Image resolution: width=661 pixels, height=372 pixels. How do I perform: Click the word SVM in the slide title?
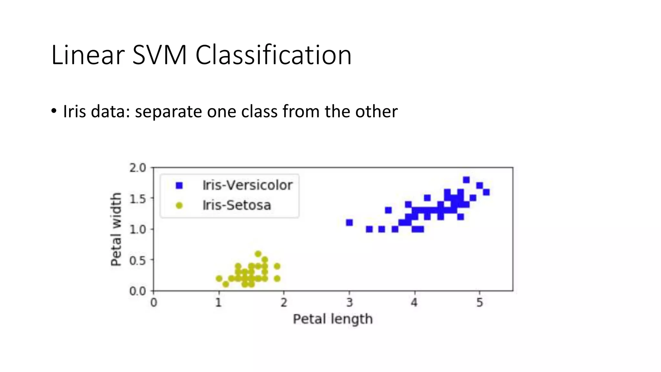[159, 55]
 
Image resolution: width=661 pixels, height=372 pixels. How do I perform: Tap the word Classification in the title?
[273, 55]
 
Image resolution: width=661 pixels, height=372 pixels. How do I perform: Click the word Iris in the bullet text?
[74, 111]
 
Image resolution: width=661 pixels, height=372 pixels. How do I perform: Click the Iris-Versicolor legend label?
[247, 185]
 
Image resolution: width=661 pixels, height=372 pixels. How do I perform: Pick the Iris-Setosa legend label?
[237, 205]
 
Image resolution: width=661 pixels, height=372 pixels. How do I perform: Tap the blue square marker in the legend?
[179, 185]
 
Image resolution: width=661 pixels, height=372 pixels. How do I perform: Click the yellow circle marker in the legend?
[179, 205]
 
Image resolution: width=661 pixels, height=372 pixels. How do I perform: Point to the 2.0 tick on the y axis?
[137, 168]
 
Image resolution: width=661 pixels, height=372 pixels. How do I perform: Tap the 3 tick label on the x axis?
[349, 303]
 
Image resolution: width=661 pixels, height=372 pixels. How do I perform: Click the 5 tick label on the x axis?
[480, 303]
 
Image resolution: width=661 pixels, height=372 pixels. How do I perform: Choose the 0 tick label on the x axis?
[154, 303]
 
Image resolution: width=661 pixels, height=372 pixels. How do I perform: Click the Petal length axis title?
[333, 319]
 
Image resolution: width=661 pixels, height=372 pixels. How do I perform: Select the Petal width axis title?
[116, 229]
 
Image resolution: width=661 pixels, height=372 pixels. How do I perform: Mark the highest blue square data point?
[466, 180]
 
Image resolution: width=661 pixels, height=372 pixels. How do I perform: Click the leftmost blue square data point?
[349, 222]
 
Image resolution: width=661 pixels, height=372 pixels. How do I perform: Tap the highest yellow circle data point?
[258, 254]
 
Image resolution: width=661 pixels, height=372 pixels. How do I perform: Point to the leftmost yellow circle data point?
[219, 278]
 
